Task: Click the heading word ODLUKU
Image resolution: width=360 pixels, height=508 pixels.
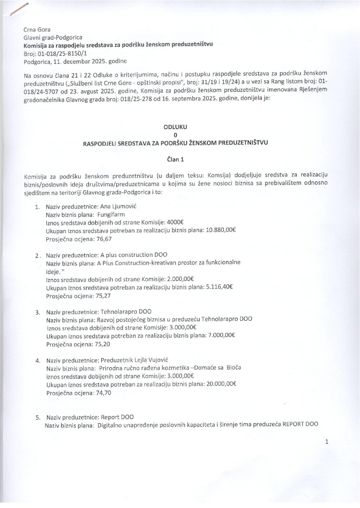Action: point(175,127)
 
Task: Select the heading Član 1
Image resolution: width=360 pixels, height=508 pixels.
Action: point(175,159)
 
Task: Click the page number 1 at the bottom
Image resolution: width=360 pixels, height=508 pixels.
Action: point(327,441)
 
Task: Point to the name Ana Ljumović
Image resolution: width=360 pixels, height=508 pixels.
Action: point(118,206)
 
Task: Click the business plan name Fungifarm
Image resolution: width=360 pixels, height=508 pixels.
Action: point(111,214)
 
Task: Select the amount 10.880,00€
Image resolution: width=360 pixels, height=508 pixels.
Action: point(221,230)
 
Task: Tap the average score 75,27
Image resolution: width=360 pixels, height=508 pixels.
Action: point(102,296)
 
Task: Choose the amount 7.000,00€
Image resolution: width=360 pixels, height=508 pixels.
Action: point(221,335)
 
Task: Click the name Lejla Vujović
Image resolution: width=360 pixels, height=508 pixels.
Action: point(151,360)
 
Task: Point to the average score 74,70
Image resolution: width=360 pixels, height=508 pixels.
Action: point(103,393)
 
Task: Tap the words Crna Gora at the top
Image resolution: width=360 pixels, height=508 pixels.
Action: point(37,30)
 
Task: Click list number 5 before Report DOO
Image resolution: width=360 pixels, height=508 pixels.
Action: point(38,417)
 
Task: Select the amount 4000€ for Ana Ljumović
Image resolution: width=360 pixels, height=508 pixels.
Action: point(175,222)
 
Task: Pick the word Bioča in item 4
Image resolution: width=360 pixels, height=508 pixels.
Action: point(234,368)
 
